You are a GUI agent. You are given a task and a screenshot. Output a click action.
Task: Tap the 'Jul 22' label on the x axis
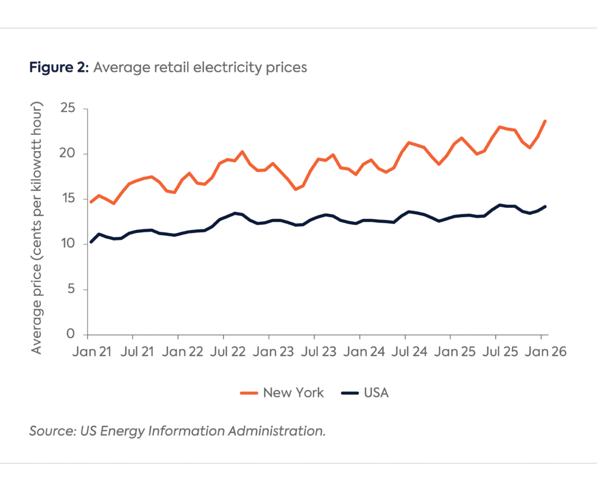[x=223, y=352]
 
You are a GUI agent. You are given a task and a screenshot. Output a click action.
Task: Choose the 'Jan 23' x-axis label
[x=269, y=352]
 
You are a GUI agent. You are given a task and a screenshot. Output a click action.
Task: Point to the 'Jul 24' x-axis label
[x=405, y=352]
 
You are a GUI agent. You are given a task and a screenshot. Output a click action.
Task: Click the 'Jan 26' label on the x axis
[x=541, y=352]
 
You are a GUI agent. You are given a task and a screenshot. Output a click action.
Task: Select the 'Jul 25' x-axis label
[x=496, y=352]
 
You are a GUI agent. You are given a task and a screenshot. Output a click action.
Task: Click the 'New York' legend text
[x=293, y=393]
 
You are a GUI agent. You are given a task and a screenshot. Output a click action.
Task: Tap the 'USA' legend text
[x=376, y=393]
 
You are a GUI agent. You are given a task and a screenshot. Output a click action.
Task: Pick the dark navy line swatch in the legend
[x=348, y=393]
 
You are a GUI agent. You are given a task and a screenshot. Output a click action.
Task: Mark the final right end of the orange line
[x=545, y=121]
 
